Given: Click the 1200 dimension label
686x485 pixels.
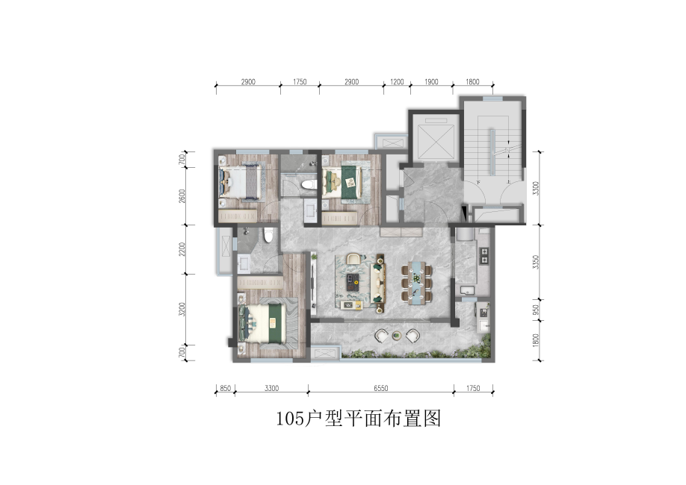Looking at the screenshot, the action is click(x=397, y=82).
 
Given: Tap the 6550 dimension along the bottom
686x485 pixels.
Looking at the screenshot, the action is click(x=380, y=388).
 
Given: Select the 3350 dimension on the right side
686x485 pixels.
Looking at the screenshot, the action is click(x=537, y=262).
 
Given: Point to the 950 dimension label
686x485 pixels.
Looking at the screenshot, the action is click(x=537, y=310).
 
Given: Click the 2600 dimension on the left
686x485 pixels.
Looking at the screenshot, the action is click(x=182, y=195).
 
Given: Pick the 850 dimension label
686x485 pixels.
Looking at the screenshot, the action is click(x=225, y=388).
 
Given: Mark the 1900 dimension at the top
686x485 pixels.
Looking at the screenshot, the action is click(x=431, y=82).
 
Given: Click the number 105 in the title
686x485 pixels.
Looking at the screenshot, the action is click(x=290, y=419).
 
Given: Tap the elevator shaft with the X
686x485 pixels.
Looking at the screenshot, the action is click(x=436, y=142).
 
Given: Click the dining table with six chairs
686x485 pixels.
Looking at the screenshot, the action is click(x=417, y=283).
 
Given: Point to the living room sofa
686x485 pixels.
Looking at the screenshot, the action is click(x=377, y=283).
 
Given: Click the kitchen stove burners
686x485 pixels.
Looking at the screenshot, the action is click(x=484, y=256).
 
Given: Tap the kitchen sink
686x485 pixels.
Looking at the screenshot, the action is click(x=466, y=290).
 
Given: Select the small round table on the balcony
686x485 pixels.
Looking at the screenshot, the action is click(x=396, y=336).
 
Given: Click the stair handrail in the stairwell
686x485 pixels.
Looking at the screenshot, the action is click(x=492, y=152).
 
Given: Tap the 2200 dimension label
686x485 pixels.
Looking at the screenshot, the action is click(x=182, y=249).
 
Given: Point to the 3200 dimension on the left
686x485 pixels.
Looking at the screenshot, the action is click(x=182, y=310).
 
